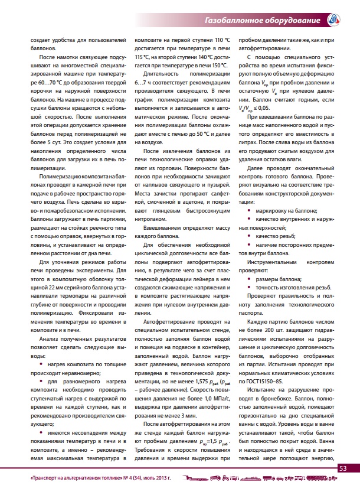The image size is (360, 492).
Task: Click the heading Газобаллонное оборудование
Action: (262, 21)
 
